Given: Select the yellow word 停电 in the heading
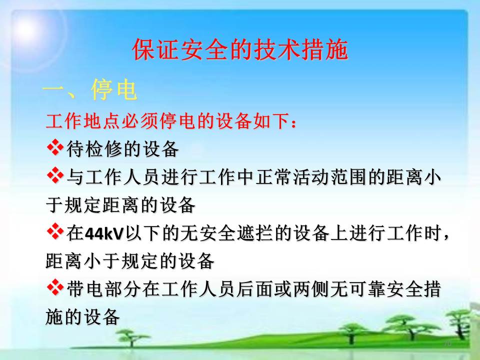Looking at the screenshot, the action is tap(114, 89).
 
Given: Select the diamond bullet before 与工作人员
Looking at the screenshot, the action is tap(55, 175).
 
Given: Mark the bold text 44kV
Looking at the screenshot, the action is tap(104, 233).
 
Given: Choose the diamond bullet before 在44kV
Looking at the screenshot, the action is tap(55, 231).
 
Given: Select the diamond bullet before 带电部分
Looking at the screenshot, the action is tap(55, 287).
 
